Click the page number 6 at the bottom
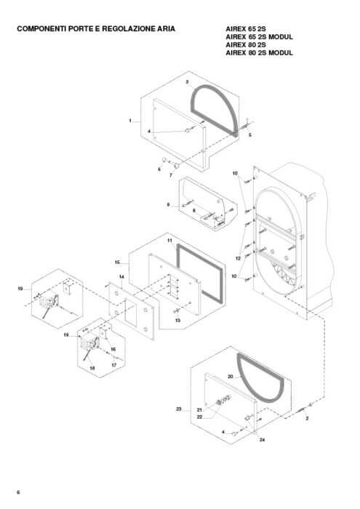[x=18, y=492]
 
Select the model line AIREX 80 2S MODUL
[x=259, y=52]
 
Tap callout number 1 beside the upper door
[x=130, y=121]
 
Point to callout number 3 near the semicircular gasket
[x=187, y=81]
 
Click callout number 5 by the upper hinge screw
[x=250, y=135]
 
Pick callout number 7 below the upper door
[x=171, y=175]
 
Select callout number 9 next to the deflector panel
[x=168, y=205]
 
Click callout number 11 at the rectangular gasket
[x=169, y=241]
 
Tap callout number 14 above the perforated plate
[x=121, y=277]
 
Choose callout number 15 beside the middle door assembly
[x=118, y=262]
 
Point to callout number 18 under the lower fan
[x=92, y=368]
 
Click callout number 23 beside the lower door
[x=179, y=409]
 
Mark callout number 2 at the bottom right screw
[x=307, y=418]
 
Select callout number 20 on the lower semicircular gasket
[x=231, y=377]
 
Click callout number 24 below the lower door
[x=263, y=439]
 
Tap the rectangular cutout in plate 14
[x=131, y=313]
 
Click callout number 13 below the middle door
[x=178, y=321]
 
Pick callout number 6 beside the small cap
[x=159, y=169]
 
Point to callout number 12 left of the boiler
[x=239, y=258]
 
